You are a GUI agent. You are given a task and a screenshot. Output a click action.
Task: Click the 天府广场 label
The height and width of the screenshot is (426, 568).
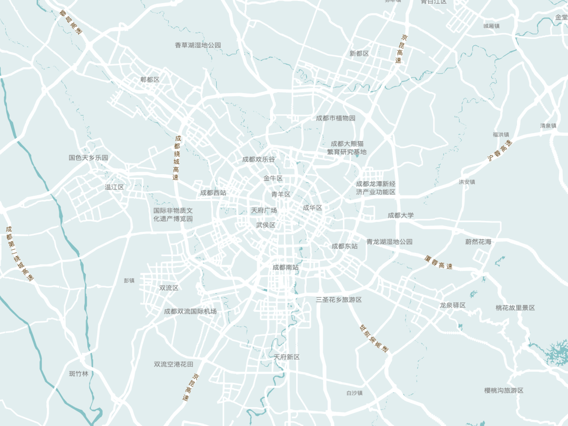click(x=264, y=210)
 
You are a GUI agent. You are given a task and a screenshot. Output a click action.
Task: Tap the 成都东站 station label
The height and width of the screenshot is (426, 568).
click(x=344, y=246)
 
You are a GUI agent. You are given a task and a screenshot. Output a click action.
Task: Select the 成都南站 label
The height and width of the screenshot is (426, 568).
click(x=286, y=268)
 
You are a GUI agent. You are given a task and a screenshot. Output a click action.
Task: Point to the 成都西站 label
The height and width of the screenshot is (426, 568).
click(x=213, y=193)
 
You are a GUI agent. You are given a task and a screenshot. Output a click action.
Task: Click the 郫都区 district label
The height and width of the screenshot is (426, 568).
click(x=150, y=79)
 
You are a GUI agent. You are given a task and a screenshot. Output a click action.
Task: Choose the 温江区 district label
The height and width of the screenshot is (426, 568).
click(x=114, y=187)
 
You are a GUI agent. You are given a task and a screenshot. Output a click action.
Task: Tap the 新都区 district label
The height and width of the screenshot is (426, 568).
click(x=359, y=54)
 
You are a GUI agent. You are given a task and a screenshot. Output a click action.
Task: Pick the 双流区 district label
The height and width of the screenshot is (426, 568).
click(x=169, y=288)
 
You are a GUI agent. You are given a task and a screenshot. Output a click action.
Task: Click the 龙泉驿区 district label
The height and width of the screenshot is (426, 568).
click(x=453, y=306)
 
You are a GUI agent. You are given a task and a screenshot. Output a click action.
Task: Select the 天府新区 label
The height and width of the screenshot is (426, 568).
click(x=287, y=357)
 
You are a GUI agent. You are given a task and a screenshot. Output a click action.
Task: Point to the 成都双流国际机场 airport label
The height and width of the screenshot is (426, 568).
click(x=190, y=311)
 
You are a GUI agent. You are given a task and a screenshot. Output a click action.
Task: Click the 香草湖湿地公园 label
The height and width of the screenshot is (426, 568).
click(x=198, y=45)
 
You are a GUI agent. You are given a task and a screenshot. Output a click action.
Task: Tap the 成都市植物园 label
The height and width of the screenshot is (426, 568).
click(x=336, y=118)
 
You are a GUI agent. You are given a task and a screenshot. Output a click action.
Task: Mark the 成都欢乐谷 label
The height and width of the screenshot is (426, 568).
click(x=259, y=159)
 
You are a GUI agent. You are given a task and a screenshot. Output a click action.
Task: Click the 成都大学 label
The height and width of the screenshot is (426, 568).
click(x=401, y=215)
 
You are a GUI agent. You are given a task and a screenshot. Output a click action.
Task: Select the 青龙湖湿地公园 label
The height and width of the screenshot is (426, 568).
click(x=390, y=242)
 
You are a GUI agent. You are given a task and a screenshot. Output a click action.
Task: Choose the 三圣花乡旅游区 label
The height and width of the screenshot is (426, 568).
click(x=339, y=300)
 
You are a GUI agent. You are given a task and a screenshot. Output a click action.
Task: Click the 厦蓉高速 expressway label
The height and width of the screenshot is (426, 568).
click(x=438, y=262)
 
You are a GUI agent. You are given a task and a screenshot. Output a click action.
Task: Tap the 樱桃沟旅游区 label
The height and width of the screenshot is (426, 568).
click(x=504, y=391)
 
